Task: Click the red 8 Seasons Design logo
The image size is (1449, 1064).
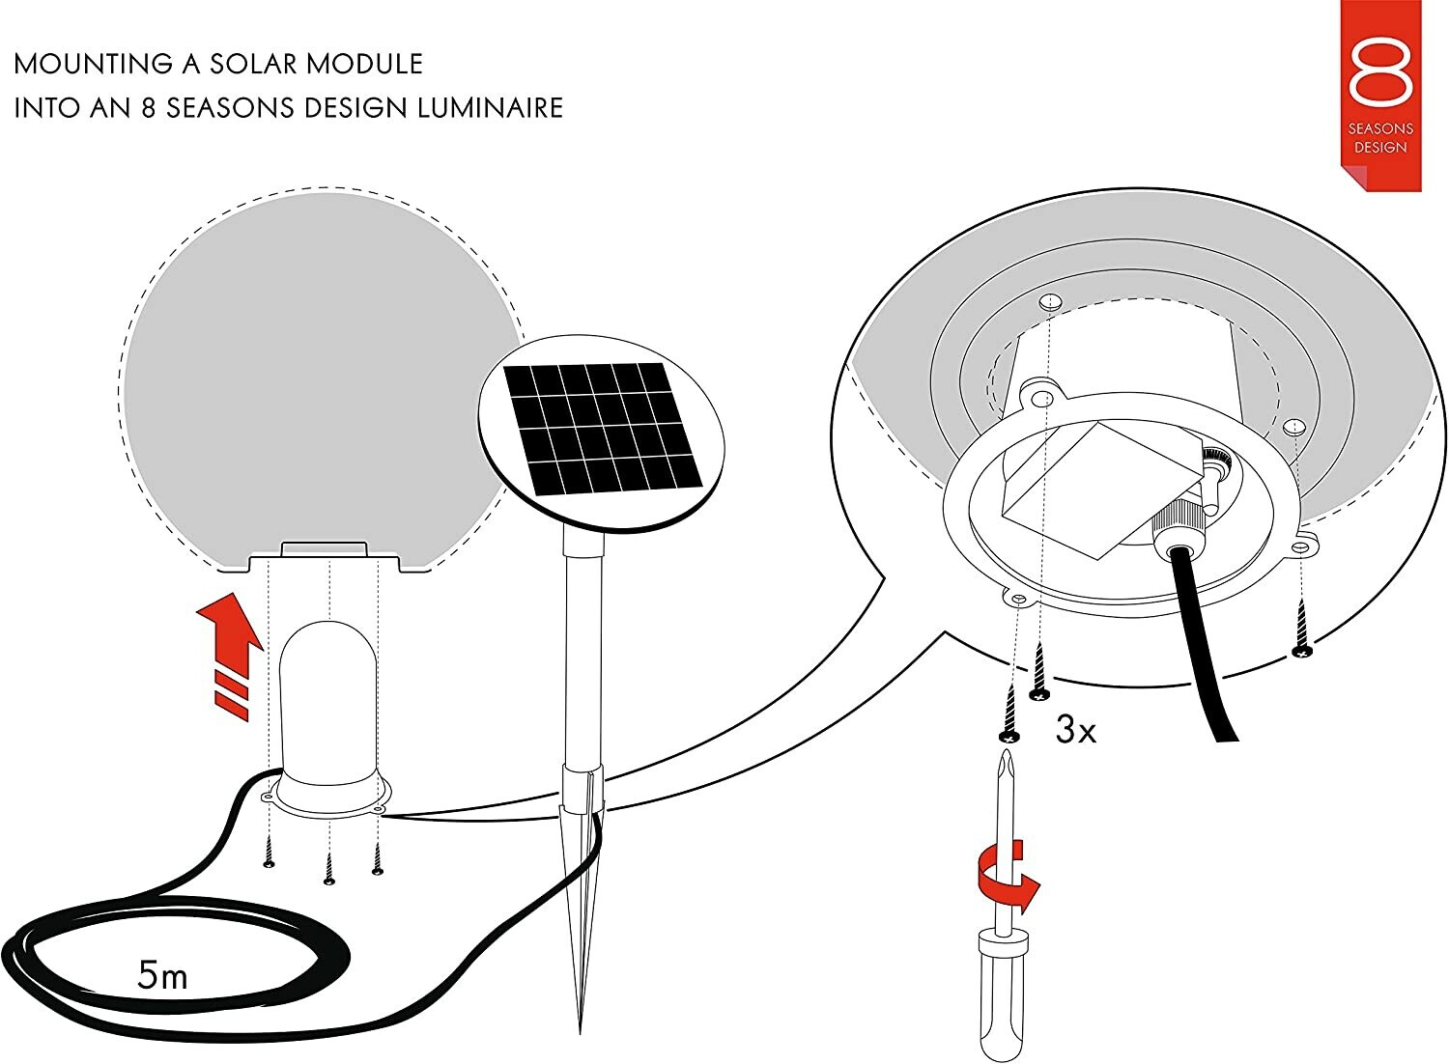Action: click(1380, 92)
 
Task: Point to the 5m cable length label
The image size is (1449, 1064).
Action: click(162, 976)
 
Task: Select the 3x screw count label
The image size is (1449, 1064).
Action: click(1075, 730)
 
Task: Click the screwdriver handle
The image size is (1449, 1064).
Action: click(1000, 994)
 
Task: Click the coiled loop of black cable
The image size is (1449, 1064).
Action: click(164, 956)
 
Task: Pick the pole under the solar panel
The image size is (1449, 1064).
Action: click(582, 657)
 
